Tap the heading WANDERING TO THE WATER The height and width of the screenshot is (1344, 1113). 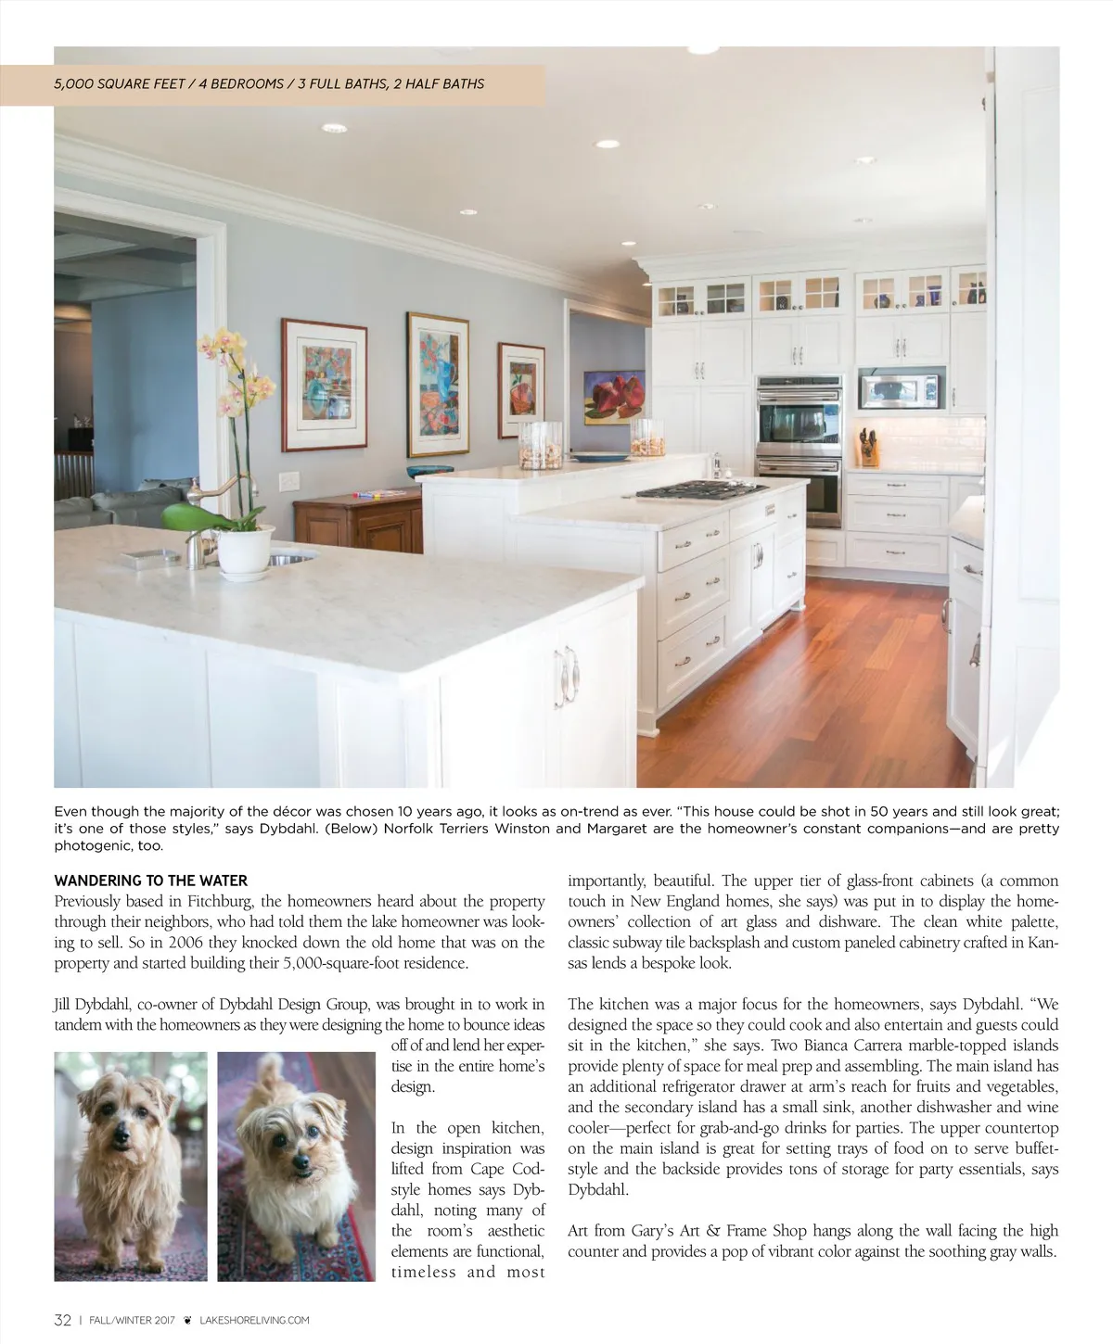click(x=151, y=881)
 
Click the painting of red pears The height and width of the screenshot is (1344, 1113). click(x=614, y=397)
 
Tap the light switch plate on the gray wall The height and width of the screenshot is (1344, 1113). click(x=290, y=481)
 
